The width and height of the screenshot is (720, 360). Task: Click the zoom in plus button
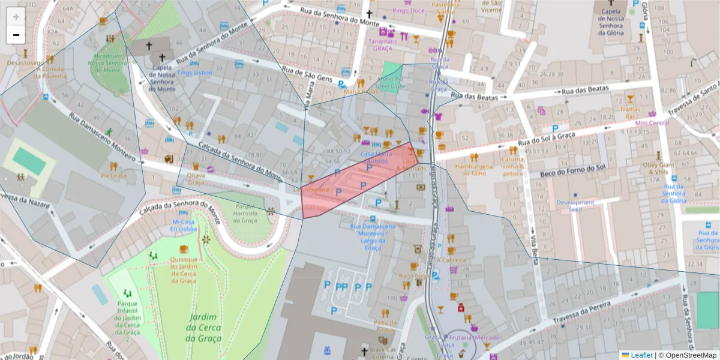coord(16,17)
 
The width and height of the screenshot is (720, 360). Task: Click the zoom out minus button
coord(16,35)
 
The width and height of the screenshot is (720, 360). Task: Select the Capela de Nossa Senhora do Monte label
coord(161,78)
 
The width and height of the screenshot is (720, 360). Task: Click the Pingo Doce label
coord(408,11)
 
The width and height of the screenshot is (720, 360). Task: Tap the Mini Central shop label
coord(652,123)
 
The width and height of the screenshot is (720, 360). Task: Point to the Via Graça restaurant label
coord(113,176)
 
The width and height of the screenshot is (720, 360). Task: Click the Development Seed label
coord(575,206)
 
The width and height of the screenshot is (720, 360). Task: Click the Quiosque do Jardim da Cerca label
coord(184,269)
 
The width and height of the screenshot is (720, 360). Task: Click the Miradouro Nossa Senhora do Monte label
coord(108,62)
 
